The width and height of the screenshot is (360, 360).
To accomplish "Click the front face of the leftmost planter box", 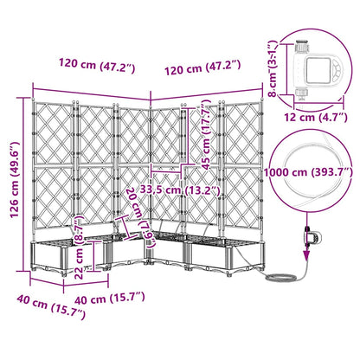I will pos(54,258).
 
